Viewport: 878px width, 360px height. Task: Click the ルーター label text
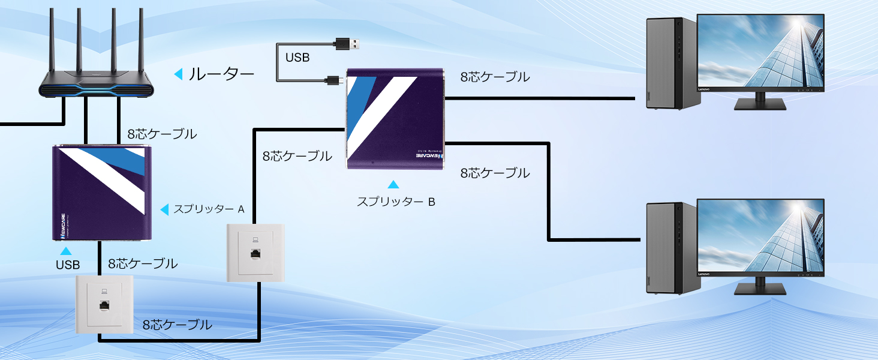(x=221, y=74)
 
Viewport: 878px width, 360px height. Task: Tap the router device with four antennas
(x=96, y=84)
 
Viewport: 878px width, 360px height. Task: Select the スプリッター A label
(x=209, y=209)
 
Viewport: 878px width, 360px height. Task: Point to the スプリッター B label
(x=396, y=202)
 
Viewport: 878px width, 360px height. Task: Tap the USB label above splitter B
(x=297, y=58)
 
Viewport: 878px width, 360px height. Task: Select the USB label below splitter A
(x=68, y=265)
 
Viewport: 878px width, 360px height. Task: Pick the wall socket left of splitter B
(x=255, y=252)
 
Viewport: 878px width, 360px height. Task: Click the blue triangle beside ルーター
(x=178, y=74)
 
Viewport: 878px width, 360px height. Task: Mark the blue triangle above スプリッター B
(x=393, y=185)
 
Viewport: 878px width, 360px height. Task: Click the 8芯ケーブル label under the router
(x=162, y=134)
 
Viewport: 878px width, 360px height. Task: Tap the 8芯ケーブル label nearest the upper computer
(x=495, y=77)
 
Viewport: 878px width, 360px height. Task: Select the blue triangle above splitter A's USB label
(x=66, y=251)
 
